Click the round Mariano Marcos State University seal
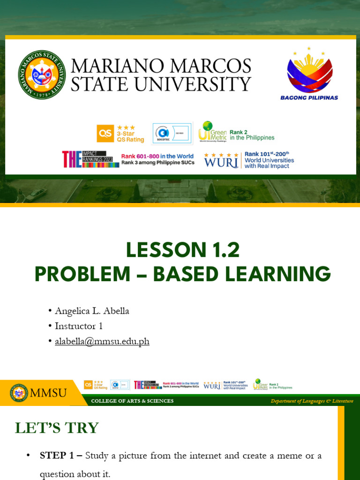coord(42,75)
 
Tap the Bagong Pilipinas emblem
coord(309,74)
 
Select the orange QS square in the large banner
coord(105,133)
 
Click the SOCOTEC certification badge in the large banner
coord(172,133)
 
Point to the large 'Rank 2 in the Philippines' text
coord(252,135)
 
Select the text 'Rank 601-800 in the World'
coord(157,157)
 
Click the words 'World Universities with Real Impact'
coord(269,163)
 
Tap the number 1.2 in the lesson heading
coord(224,250)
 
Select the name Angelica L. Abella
coord(92,311)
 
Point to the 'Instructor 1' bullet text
coord(79,326)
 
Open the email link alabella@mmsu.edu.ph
coord(102,341)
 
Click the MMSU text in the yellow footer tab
coord(48,393)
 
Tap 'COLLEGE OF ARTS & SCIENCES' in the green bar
coord(132,401)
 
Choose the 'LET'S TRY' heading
coord(57,427)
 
